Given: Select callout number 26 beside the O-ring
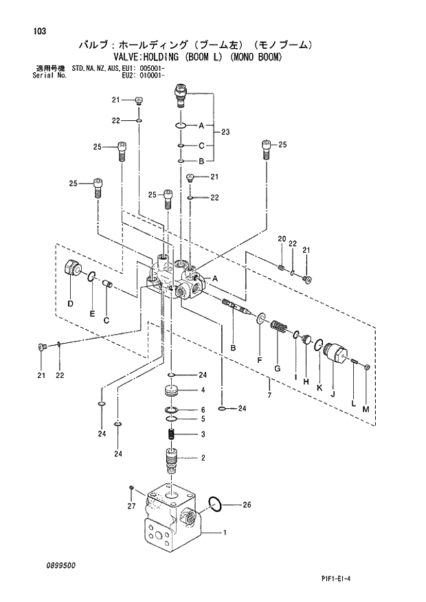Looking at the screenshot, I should pyautogui.click(x=247, y=505).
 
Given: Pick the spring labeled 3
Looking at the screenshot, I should pyautogui.click(x=172, y=434).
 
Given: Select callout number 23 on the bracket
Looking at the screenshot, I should pyautogui.click(x=225, y=133).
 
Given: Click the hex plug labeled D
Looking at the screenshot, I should pyautogui.click(x=71, y=269).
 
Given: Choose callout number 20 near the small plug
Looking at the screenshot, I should pyautogui.click(x=281, y=238).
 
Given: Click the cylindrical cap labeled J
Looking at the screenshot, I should pyautogui.click(x=336, y=355).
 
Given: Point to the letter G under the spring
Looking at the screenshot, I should pyautogui.click(x=277, y=369).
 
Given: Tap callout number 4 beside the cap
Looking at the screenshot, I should pyautogui.click(x=203, y=390).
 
